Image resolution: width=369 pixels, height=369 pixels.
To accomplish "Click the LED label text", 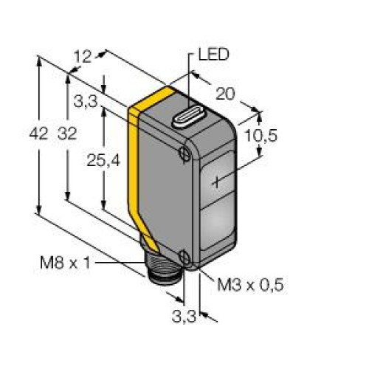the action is (213, 55).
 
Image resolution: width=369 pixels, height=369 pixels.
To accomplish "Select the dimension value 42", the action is (38, 134).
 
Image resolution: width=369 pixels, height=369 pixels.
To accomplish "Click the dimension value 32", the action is (67, 134).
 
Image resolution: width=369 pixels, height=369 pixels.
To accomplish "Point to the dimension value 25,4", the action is (103, 162).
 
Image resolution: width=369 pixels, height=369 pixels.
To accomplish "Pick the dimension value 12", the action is (83, 57).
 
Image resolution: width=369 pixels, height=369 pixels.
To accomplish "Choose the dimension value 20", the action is (225, 94).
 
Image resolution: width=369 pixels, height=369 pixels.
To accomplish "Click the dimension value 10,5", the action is (261, 136).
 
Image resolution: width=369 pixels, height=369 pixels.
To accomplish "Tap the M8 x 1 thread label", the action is (66, 263).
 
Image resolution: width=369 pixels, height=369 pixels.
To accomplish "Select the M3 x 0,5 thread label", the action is (250, 286).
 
